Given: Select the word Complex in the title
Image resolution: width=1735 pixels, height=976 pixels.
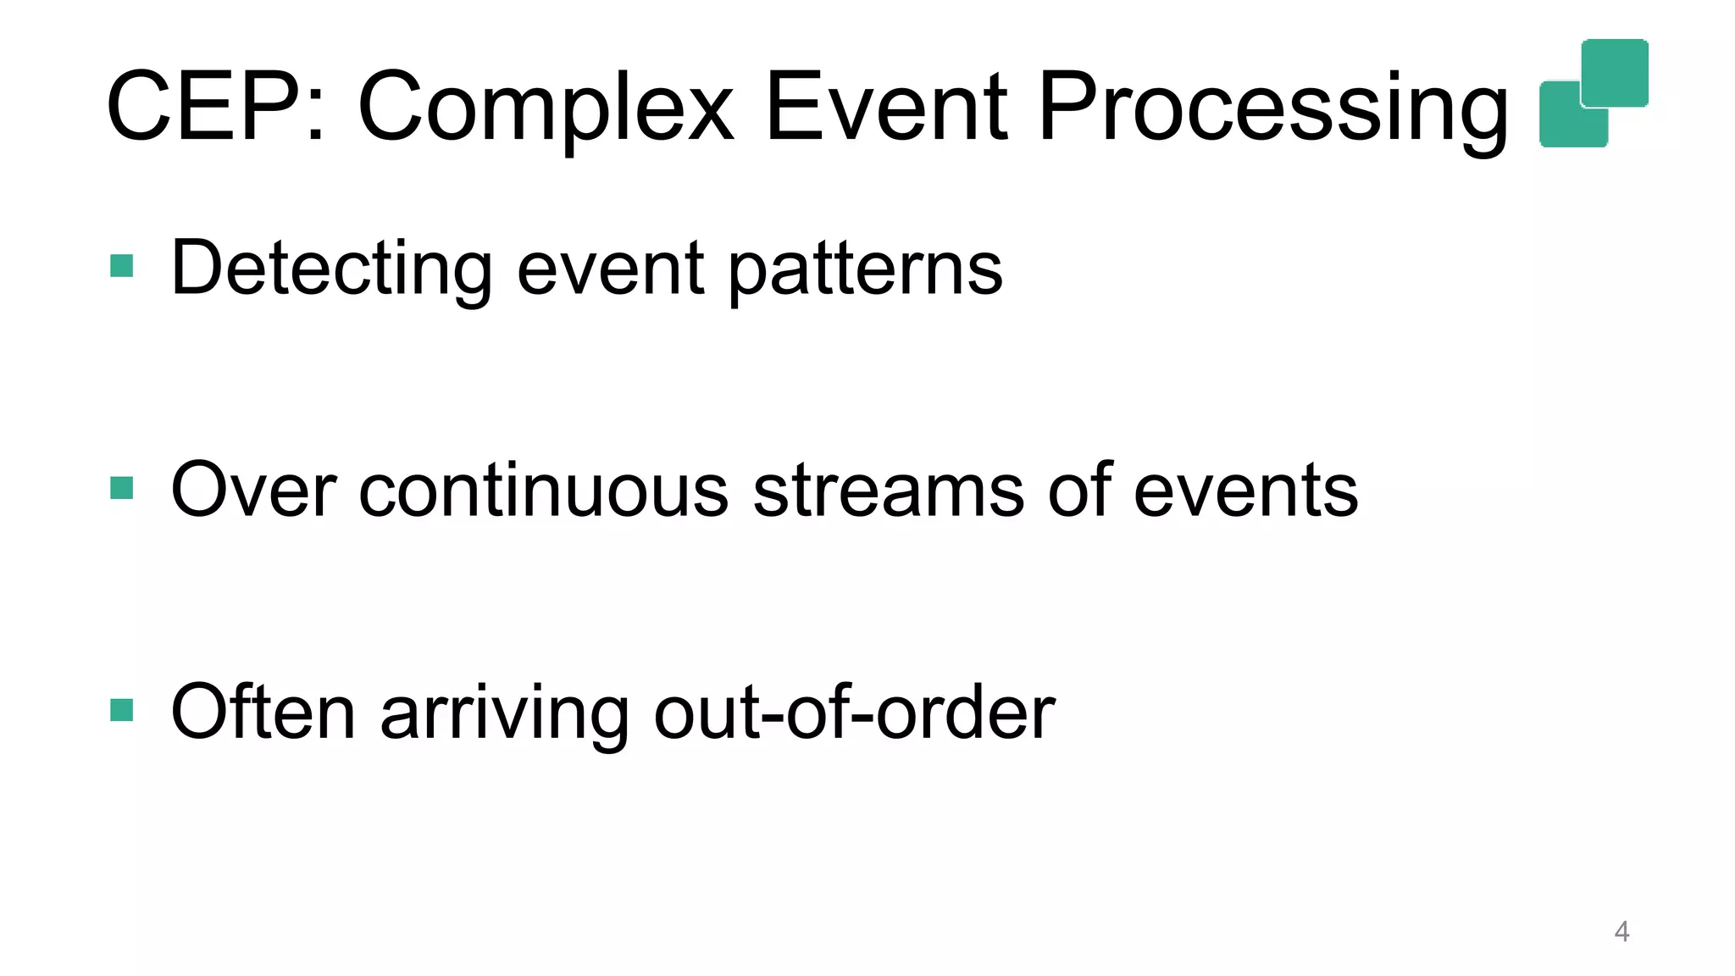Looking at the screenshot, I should click(x=546, y=108).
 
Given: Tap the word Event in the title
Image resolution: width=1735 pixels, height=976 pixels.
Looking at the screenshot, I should click(x=886, y=108).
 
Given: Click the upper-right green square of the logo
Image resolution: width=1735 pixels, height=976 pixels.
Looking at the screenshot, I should click(x=1615, y=72).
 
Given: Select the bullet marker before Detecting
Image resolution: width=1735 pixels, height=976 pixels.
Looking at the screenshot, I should click(x=122, y=267).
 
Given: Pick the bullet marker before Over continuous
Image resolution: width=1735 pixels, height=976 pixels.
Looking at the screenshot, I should click(x=122, y=489).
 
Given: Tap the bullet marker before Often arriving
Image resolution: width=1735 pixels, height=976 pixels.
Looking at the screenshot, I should click(x=122, y=710).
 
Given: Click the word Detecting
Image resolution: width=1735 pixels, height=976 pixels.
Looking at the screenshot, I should click(x=331, y=269).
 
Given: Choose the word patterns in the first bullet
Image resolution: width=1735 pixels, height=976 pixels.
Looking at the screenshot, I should click(x=865, y=269).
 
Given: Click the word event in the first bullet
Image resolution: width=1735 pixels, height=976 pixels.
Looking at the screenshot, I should click(x=610, y=269).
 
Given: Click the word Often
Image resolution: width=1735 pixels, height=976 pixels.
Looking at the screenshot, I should click(x=263, y=712).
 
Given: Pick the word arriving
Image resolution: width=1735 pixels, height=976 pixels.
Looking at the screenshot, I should click(x=504, y=712).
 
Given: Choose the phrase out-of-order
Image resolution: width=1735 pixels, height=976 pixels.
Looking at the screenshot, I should click(x=854, y=712).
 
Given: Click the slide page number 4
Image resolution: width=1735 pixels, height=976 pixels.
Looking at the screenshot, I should click(x=1621, y=932).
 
